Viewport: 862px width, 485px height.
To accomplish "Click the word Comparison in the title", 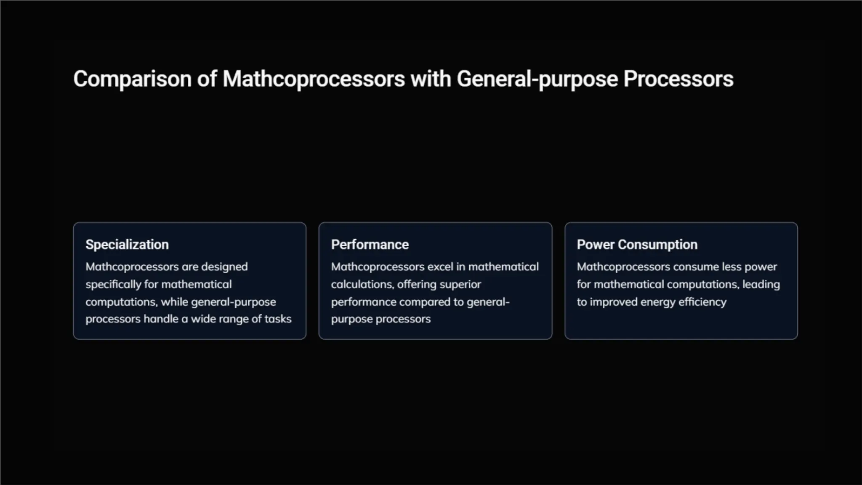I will tap(132, 79).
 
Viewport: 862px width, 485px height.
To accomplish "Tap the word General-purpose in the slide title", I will tap(537, 79).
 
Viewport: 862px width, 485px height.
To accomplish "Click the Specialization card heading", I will tap(127, 245).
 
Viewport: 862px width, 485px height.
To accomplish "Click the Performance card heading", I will tap(370, 245).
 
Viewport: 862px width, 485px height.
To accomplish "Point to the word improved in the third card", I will tap(613, 302).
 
